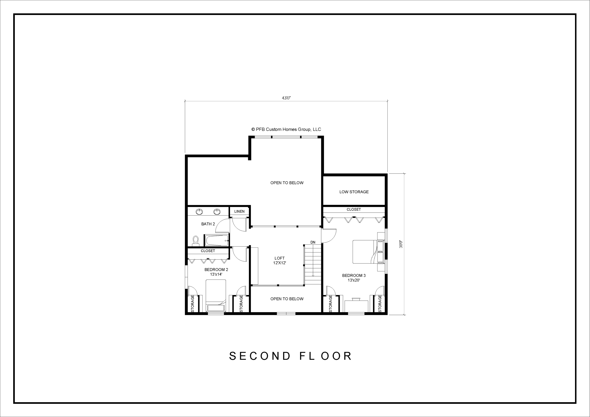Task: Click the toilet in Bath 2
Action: coord(196,241)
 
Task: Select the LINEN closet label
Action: coord(239,211)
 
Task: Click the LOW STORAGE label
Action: coord(354,192)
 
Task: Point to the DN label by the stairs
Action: coord(313,242)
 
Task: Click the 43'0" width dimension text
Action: coord(286,98)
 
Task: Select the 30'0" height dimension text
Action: coord(401,244)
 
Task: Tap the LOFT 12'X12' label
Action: coord(280,261)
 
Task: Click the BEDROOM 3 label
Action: coord(354,278)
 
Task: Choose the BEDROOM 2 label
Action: coord(216,272)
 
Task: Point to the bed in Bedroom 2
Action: coord(216,296)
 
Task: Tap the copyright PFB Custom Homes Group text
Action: coord(286,129)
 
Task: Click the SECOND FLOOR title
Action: coord(290,356)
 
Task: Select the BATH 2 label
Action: coord(208,224)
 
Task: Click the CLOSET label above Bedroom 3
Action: coord(354,209)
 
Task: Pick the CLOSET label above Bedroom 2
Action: coord(208,251)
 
